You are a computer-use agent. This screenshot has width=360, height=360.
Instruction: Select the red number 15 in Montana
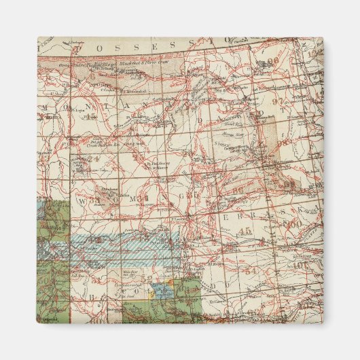coord(109,116)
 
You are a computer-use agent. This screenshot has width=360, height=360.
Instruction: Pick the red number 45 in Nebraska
coord(245,232)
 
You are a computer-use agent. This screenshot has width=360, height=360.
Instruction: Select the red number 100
coord(293,223)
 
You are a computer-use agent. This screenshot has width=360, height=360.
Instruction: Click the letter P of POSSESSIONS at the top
coord(84,48)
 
